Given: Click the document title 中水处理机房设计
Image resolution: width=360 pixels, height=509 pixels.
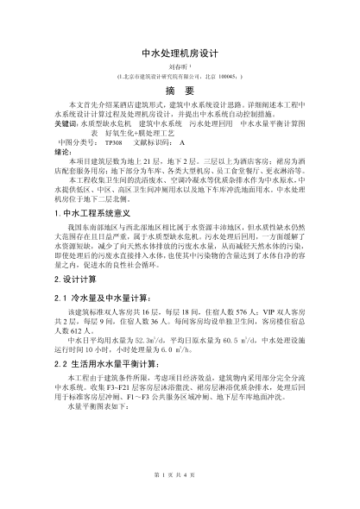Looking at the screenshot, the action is (180, 52).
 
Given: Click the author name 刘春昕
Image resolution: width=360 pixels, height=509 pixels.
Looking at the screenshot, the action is (178, 66).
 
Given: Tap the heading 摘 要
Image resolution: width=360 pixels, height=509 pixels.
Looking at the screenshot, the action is (180, 91).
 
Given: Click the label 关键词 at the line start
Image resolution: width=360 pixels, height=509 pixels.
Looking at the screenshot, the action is (66, 126).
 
